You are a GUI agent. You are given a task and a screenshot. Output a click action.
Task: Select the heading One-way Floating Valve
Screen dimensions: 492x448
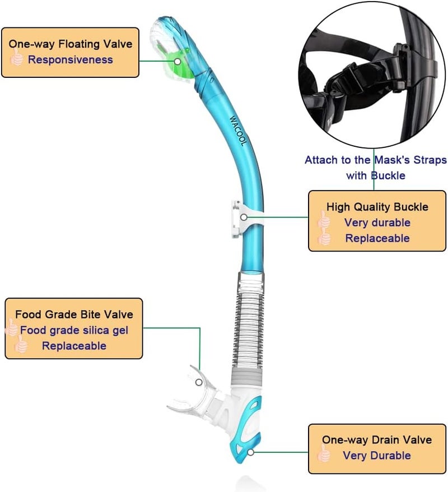70,44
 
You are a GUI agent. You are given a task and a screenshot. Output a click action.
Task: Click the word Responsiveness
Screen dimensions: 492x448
71,59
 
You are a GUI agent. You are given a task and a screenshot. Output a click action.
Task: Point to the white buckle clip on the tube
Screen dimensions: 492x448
238,216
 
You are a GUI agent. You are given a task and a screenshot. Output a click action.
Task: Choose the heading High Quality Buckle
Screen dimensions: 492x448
377,207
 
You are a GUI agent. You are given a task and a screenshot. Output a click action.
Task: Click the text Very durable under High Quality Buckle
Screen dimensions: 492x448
377,222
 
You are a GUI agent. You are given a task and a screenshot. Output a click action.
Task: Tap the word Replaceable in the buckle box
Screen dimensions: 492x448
377,238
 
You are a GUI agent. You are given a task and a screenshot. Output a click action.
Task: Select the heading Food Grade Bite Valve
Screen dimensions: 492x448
74,314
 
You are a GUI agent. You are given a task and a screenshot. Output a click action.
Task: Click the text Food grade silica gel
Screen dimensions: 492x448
74,330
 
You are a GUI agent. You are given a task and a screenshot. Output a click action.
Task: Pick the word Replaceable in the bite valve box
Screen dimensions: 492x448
74,346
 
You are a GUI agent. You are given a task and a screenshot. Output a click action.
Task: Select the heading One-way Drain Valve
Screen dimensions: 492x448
376,440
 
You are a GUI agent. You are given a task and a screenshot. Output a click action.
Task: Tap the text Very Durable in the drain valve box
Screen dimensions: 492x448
377,456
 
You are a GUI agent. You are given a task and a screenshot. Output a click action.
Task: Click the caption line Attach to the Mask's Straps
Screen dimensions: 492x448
375,160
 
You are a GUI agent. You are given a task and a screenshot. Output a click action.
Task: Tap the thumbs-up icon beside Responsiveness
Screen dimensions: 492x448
17,59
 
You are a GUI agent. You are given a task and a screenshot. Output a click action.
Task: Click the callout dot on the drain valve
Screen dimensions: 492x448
251,451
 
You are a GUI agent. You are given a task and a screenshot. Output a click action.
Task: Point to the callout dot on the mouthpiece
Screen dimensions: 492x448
199,382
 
